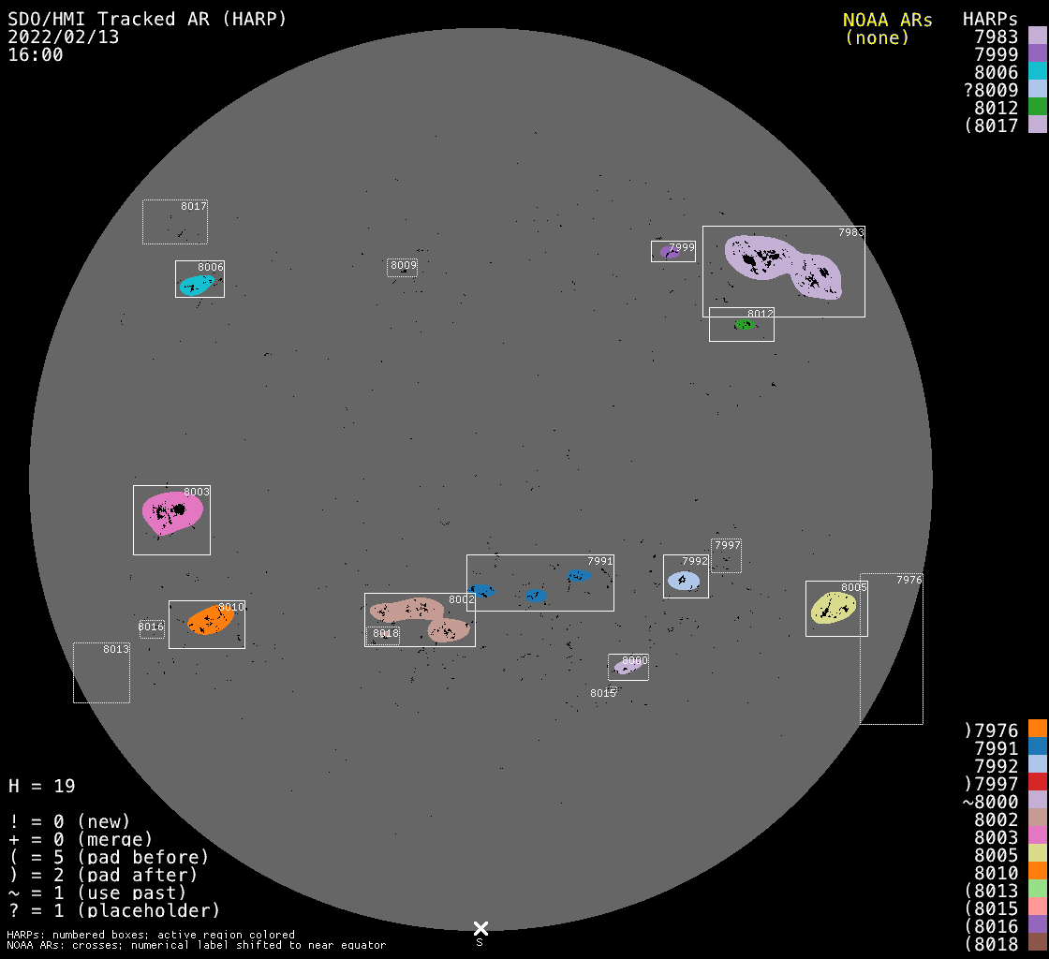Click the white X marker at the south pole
(480, 928)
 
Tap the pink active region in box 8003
(172, 513)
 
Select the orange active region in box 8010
(210, 620)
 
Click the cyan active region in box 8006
(197, 285)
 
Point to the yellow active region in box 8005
(833, 607)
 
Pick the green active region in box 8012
(745, 325)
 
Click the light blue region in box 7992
(684, 581)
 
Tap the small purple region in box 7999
(670, 252)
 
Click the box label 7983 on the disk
(851, 233)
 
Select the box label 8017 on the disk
(194, 206)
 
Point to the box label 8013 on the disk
(116, 649)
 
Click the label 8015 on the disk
(603, 693)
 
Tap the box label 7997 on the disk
(728, 545)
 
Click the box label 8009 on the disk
(404, 265)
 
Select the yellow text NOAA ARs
(887, 20)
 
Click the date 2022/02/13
(64, 37)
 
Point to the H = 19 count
(42, 786)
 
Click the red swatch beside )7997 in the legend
(1038, 783)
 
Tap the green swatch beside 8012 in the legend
(1038, 107)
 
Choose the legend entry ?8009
(991, 90)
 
